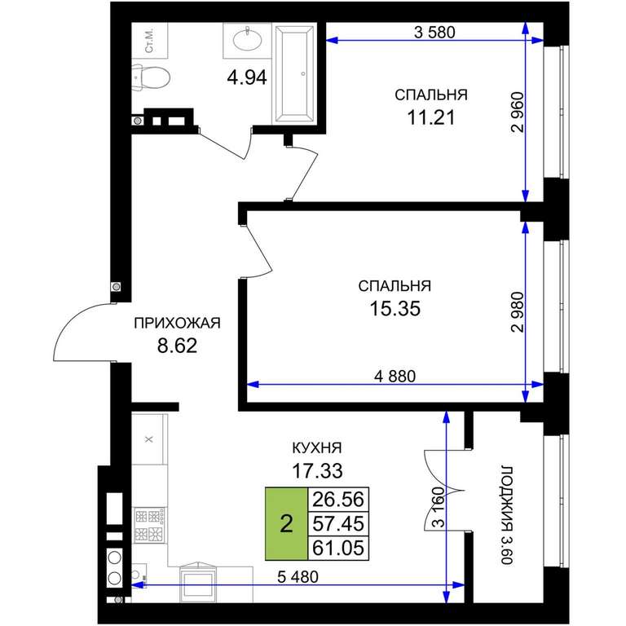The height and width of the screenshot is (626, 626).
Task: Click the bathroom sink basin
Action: pyautogui.click(x=248, y=39)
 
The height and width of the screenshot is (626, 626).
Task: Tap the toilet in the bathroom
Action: pyautogui.click(x=151, y=77)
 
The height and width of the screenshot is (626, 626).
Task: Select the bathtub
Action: pyautogui.click(x=294, y=73)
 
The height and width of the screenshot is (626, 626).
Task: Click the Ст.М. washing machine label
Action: pyautogui.click(x=150, y=40)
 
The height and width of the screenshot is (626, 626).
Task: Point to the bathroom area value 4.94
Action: pyautogui.click(x=247, y=77)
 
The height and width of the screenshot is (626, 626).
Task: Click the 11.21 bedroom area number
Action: pyautogui.click(x=431, y=117)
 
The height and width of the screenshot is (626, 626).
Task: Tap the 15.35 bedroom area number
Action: pyautogui.click(x=395, y=308)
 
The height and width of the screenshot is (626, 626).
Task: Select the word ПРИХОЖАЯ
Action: pyautogui.click(x=177, y=323)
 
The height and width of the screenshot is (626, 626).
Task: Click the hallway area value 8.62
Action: pyautogui.click(x=177, y=346)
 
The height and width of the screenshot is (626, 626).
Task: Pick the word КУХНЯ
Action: pyautogui.click(x=317, y=448)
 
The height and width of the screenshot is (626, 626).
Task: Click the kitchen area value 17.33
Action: pyautogui.click(x=317, y=471)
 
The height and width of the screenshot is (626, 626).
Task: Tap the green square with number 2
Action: pyautogui.click(x=287, y=523)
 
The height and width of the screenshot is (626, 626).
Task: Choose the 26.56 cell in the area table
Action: pyautogui.click(x=338, y=500)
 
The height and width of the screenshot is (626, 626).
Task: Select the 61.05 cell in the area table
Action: pyautogui.click(x=338, y=548)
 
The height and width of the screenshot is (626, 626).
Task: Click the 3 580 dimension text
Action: pyautogui.click(x=434, y=32)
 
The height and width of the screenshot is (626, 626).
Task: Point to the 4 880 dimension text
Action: pyautogui.click(x=395, y=376)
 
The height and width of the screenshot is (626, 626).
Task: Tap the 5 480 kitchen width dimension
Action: pyautogui.click(x=298, y=576)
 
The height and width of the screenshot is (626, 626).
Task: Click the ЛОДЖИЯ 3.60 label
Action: pyautogui.click(x=506, y=514)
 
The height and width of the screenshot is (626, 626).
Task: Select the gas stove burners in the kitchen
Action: pyautogui.click(x=149, y=525)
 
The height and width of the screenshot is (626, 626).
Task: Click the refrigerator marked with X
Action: pyautogui.click(x=149, y=439)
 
